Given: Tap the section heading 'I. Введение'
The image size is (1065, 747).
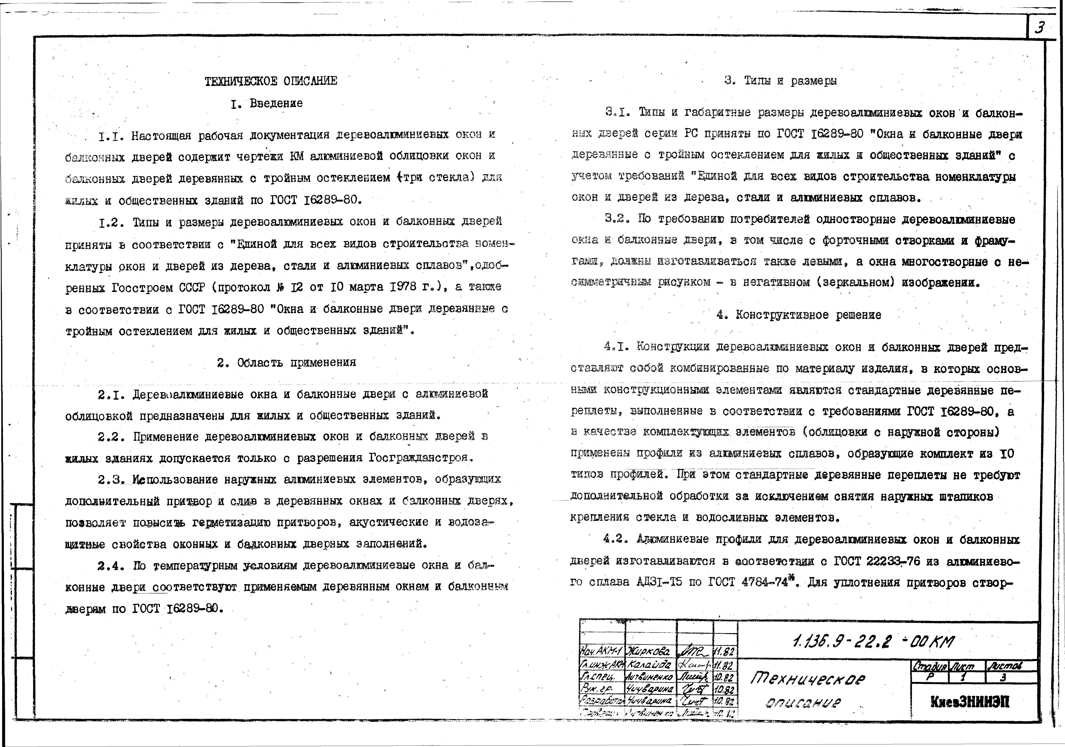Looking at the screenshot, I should (x=267, y=103).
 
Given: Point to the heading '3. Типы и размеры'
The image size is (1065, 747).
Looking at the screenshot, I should (x=781, y=81).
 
